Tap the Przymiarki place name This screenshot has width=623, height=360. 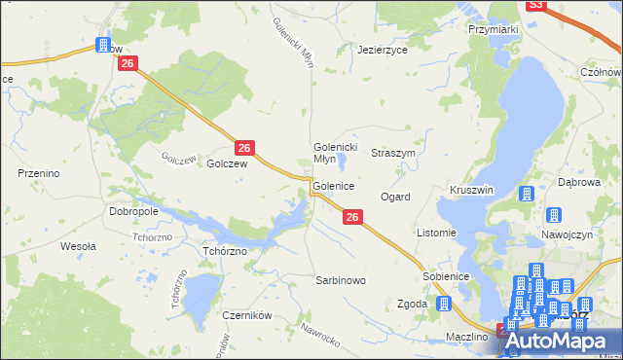(493, 30)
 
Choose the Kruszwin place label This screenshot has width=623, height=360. (471, 190)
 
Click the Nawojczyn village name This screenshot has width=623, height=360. (567, 235)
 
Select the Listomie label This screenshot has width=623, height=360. (436, 233)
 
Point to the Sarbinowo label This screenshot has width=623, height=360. (340, 280)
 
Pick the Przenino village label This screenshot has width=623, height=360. (40, 172)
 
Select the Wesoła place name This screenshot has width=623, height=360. (78, 246)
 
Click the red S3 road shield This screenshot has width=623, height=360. (534, 5)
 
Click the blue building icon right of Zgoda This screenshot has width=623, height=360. (446, 304)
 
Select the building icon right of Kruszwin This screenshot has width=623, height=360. (527, 194)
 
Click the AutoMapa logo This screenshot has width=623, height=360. (560, 341)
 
